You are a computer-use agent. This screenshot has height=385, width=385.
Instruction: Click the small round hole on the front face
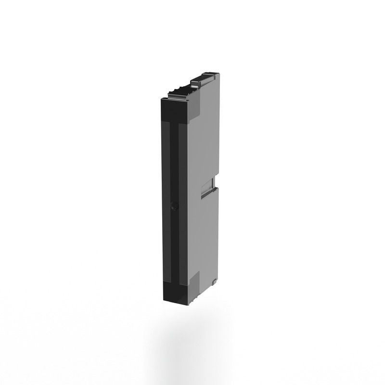(174, 206)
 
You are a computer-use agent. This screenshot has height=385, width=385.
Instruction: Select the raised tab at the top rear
(204, 79)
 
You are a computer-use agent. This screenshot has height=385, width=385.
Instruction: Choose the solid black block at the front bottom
(174, 294)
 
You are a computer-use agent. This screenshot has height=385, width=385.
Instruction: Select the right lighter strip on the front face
(183, 202)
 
